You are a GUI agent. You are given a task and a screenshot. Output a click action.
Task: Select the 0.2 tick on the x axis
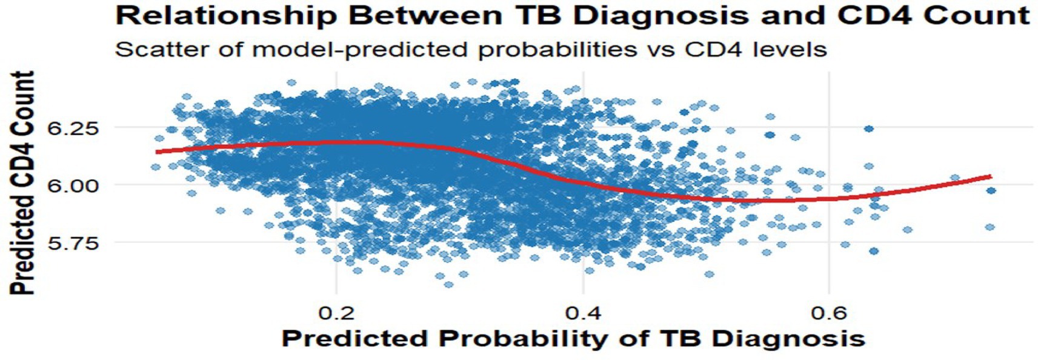[337, 313]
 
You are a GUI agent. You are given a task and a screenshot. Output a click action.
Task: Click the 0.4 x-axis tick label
[583, 313]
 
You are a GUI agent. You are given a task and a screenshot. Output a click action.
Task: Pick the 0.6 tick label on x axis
[829, 313]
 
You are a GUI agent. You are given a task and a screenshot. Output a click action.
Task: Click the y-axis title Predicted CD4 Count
[22, 183]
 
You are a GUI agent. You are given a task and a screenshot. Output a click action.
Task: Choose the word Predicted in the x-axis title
[358, 339]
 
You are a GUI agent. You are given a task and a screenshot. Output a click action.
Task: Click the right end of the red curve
[991, 176]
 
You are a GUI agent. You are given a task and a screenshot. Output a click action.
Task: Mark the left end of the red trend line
[156, 152]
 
